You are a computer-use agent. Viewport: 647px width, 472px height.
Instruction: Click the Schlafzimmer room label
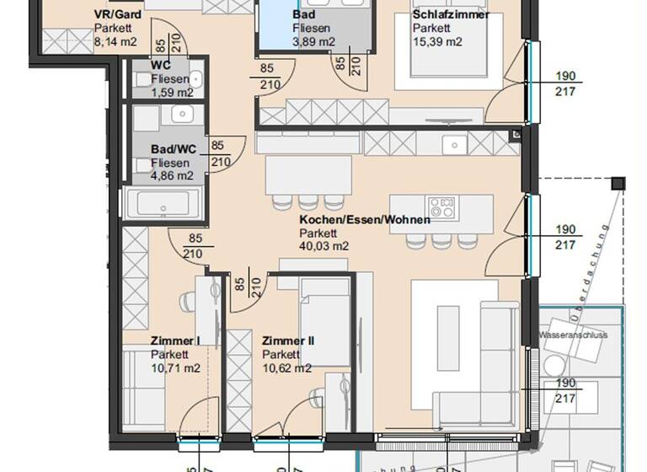coord(451,14)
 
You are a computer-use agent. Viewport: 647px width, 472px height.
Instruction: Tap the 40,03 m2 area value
coord(324,246)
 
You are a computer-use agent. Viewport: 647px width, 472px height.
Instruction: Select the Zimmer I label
coord(175,341)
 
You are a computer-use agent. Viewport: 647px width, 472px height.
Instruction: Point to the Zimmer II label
coord(288,341)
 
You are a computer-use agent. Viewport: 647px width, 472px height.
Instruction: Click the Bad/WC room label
coord(174,149)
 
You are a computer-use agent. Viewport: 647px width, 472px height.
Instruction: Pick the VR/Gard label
coord(117,15)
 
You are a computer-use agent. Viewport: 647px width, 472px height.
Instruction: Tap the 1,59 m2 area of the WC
coord(173,93)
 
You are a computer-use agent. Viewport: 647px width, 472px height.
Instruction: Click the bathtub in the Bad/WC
coord(162,205)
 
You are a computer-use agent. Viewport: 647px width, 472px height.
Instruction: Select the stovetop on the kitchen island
coord(441,206)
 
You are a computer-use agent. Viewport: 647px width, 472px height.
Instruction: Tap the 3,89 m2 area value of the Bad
coord(313,40)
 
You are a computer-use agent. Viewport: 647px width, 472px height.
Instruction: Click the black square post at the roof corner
coord(619,183)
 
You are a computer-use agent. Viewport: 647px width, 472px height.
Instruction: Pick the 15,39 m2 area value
coord(437,40)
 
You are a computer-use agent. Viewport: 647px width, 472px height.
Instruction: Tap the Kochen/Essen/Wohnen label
coord(365,219)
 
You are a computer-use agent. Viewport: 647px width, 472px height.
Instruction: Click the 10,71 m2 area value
coord(175,367)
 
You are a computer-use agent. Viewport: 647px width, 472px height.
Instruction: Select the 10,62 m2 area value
coord(286,367)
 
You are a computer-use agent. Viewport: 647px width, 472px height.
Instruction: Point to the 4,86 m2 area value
coord(173,176)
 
